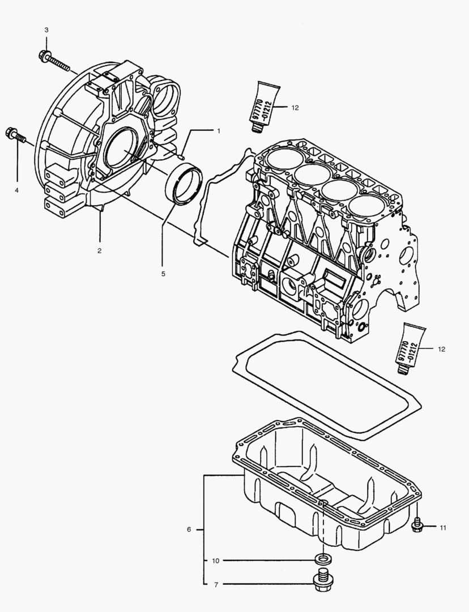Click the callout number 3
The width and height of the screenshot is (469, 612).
click(x=46, y=29)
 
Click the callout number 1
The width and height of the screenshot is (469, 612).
click(x=219, y=130)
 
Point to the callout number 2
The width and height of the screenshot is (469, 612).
click(x=99, y=250)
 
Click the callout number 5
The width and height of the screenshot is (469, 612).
click(x=163, y=274)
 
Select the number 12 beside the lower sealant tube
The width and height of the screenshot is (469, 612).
click(x=441, y=349)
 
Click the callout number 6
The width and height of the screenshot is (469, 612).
click(x=189, y=529)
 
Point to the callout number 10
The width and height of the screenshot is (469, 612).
click(x=215, y=560)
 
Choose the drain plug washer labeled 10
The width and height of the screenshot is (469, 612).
click(x=322, y=560)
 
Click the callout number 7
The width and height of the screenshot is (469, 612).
click(x=215, y=584)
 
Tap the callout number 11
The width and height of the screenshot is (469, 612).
click(x=442, y=528)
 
